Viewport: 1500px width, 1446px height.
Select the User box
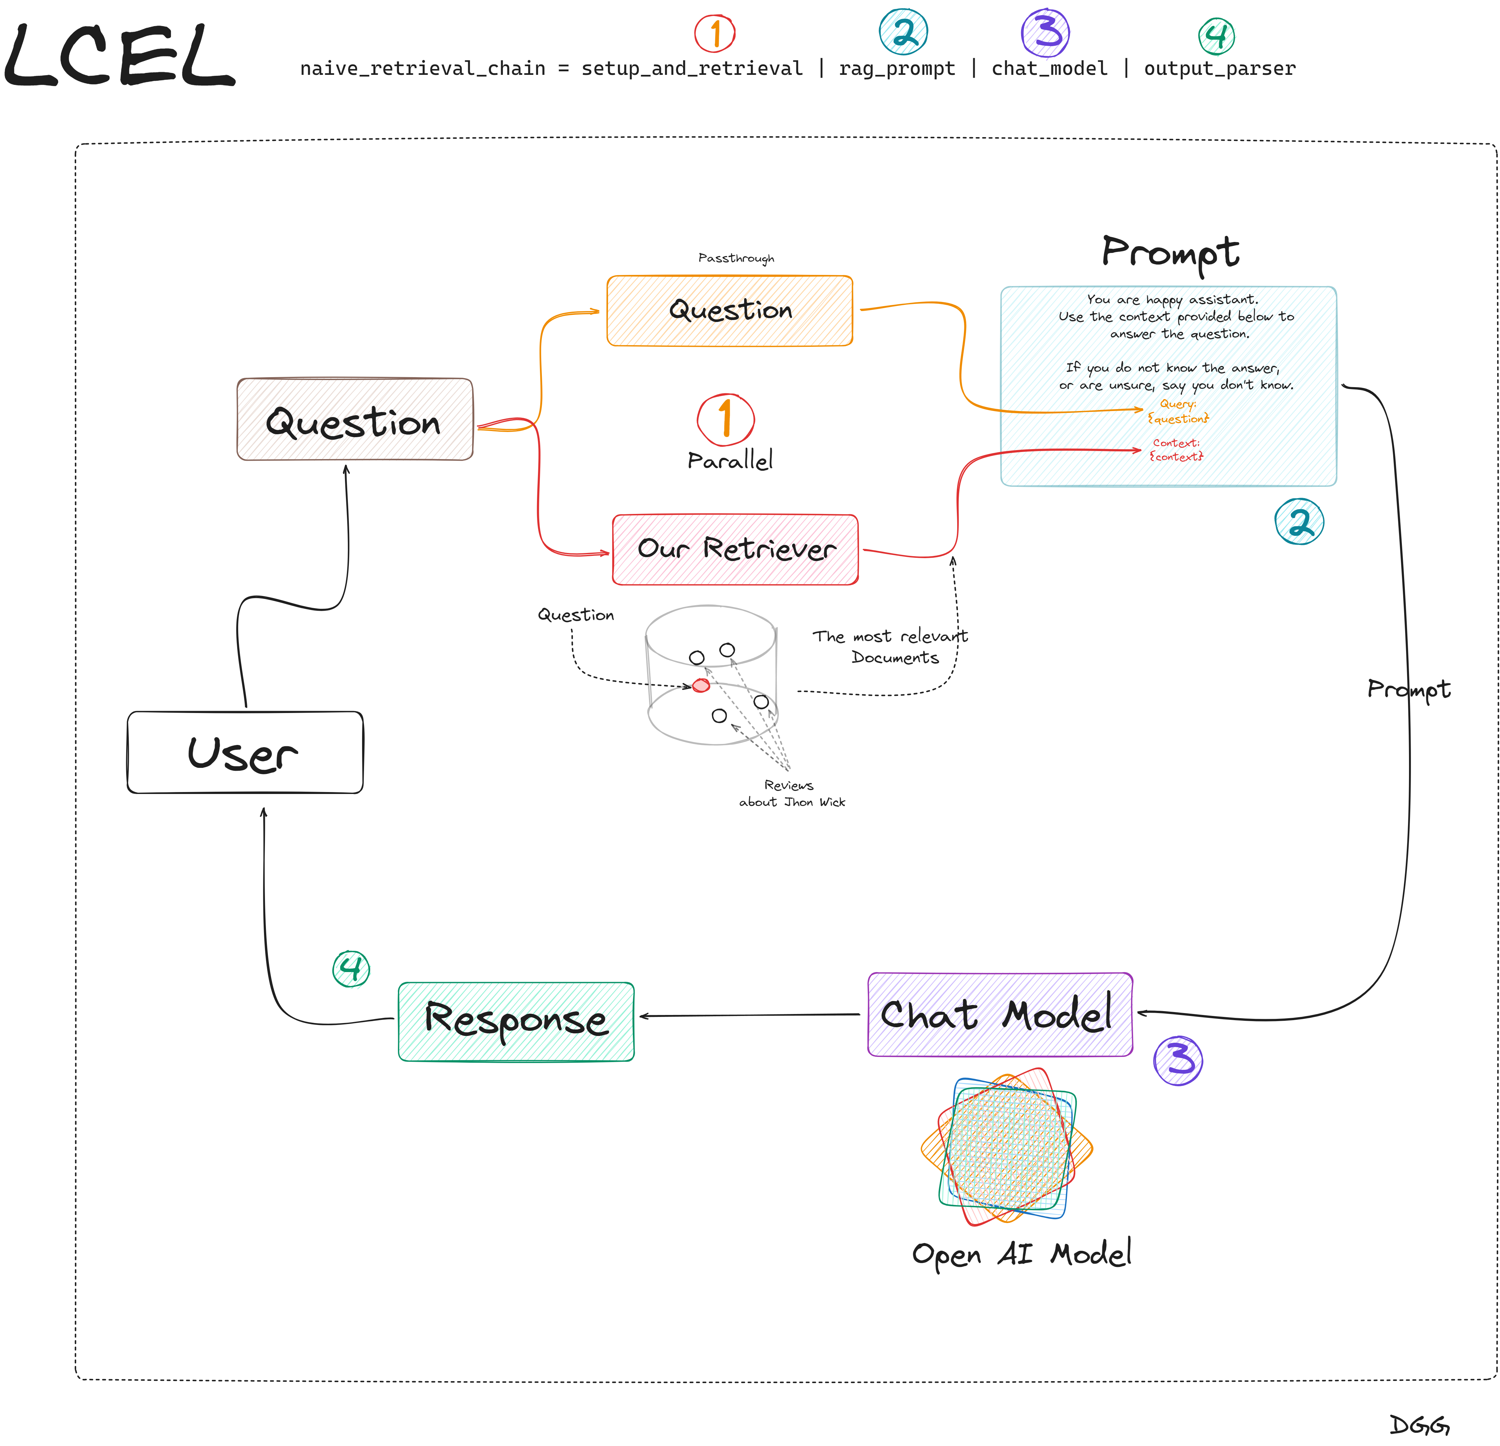[245, 753]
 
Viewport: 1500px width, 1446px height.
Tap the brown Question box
[354, 420]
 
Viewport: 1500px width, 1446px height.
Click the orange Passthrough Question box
[729, 311]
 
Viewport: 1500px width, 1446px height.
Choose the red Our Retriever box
[735, 549]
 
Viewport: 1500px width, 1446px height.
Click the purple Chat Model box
[999, 1015]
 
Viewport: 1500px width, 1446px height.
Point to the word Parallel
[729, 461]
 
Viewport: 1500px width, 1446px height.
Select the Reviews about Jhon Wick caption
[791, 793]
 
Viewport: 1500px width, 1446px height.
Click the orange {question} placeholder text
[1178, 418]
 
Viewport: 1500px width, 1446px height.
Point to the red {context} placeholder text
[1176, 457]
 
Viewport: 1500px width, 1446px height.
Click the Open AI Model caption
[1022, 1255]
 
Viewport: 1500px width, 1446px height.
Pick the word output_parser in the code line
[1220, 69]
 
